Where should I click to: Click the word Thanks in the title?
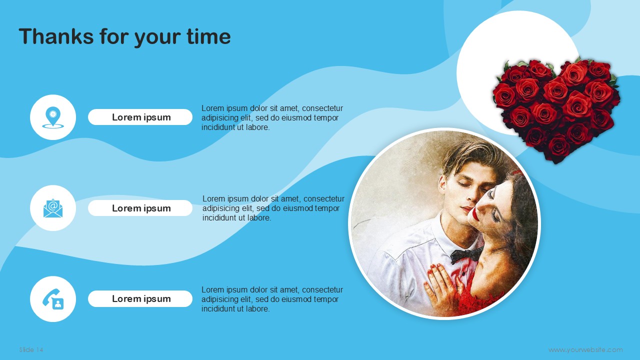(x=56, y=36)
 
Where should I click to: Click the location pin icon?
(x=53, y=117)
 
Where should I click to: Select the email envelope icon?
(x=53, y=208)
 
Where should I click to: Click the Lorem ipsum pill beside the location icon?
(x=140, y=117)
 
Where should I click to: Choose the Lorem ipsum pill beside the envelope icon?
(x=140, y=208)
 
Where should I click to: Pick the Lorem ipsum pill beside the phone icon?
(x=140, y=299)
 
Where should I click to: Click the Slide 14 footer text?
(x=31, y=349)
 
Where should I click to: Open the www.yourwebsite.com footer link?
(x=585, y=349)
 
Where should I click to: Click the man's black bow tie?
(x=465, y=254)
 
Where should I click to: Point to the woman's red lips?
(x=475, y=214)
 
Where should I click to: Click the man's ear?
(x=442, y=185)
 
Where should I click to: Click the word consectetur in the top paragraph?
(x=322, y=108)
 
